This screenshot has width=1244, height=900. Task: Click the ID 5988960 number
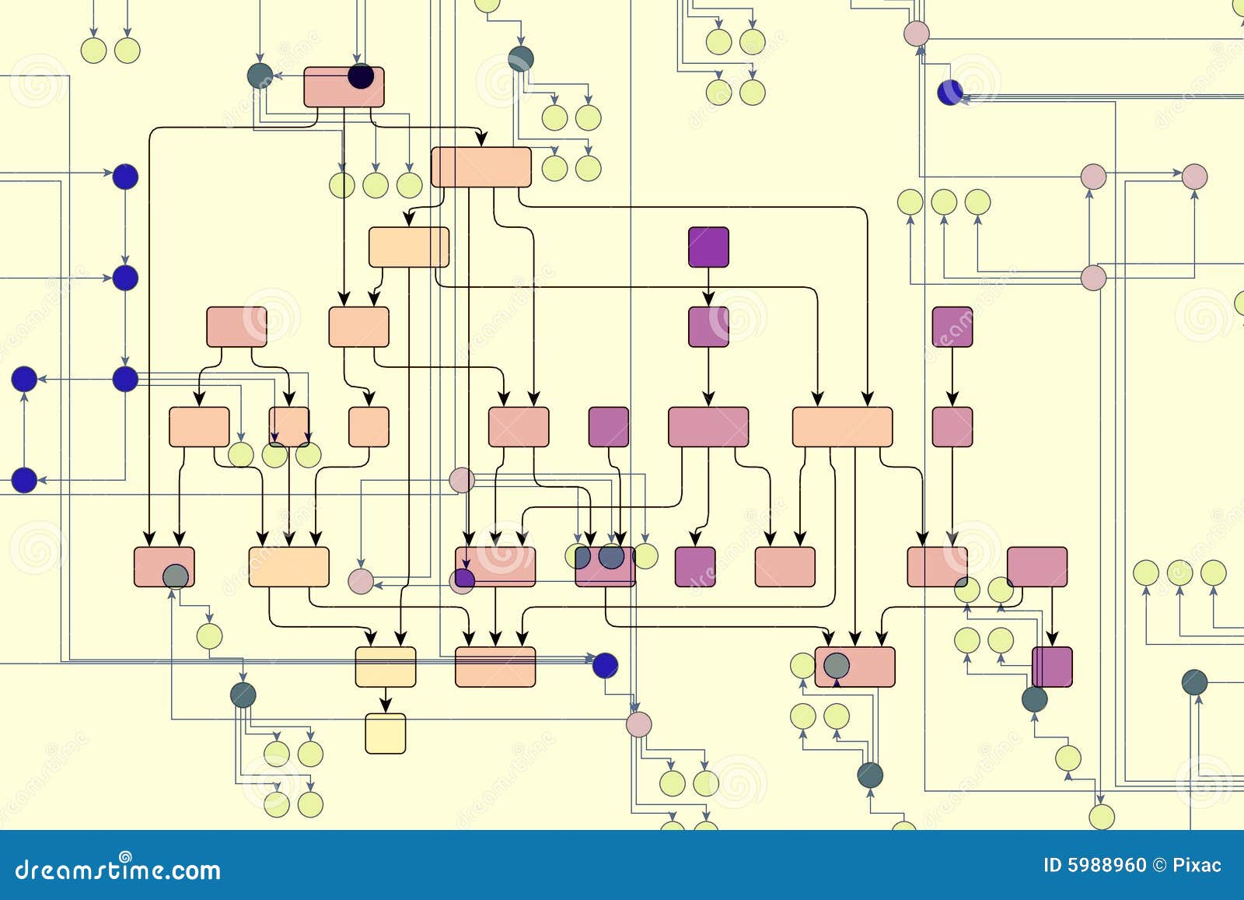[1095, 865]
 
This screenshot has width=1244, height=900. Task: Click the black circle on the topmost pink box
[361, 76]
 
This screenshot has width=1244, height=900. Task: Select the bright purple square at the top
[708, 247]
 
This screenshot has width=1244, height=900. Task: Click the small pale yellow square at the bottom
[386, 734]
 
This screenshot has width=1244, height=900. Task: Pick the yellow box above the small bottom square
[386, 667]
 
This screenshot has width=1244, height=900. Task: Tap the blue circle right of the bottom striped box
[605, 665]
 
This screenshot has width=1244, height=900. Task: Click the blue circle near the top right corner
[949, 92]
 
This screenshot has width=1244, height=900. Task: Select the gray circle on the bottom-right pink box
[837, 665]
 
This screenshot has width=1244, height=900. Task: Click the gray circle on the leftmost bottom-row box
[176, 576]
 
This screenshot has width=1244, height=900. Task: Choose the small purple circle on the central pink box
[464, 578]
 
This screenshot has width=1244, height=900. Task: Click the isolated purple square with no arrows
[608, 426]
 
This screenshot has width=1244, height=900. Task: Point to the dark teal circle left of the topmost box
[260, 75]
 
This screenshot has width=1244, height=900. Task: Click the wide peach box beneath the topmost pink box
[481, 167]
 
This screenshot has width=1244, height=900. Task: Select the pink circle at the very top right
[917, 33]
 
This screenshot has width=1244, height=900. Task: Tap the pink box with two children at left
[236, 327]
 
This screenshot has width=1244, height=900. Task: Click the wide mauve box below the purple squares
[708, 426]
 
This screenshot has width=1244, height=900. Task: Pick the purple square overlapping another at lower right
[1054, 667]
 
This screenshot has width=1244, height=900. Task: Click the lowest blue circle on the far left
[24, 480]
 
